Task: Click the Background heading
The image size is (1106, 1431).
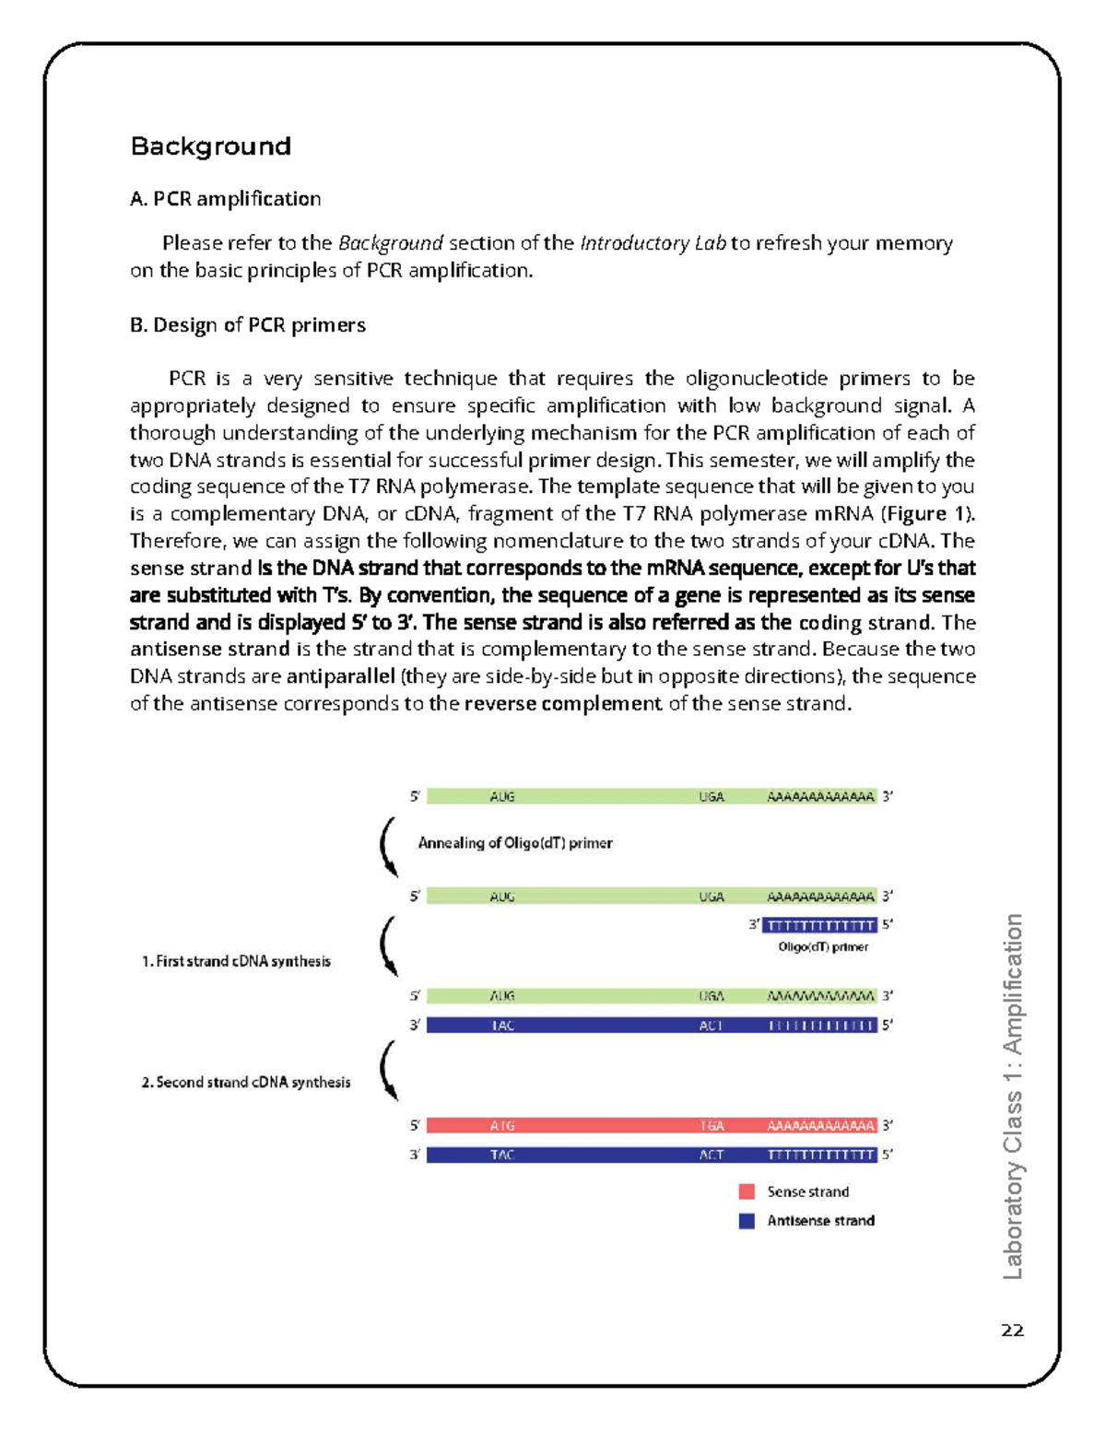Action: click(x=210, y=147)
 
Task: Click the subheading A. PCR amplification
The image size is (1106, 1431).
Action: click(x=225, y=199)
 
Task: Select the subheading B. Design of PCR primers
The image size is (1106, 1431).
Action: click(x=247, y=325)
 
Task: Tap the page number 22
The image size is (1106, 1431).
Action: click(x=1012, y=1330)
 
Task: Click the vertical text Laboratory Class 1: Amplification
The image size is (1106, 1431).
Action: click(x=1012, y=1096)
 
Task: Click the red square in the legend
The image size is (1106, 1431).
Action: click(x=747, y=1191)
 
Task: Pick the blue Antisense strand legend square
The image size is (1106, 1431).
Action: click(x=747, y=1221)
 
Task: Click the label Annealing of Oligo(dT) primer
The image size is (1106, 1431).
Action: click(x=514, y=843)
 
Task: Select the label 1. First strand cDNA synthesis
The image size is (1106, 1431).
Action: click(x=236, y=961)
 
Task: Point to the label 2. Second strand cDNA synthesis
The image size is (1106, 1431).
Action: click(x=245, y=1083)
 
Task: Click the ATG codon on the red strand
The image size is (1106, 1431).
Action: click(x=502, y=1126)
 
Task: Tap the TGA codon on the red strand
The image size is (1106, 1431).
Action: click(x=712, y=1126)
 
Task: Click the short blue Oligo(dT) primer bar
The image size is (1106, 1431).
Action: click(x=819, y=925)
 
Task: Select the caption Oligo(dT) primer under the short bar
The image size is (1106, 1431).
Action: click(x=823, y=947)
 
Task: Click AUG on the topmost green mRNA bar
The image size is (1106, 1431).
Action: click(x=502, y=797)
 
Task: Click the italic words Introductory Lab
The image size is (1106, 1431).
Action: click(x=653, y=243)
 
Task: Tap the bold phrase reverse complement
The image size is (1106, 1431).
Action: click(x=562, y=704)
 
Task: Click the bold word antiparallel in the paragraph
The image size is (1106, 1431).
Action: click(x=340, y=676)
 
